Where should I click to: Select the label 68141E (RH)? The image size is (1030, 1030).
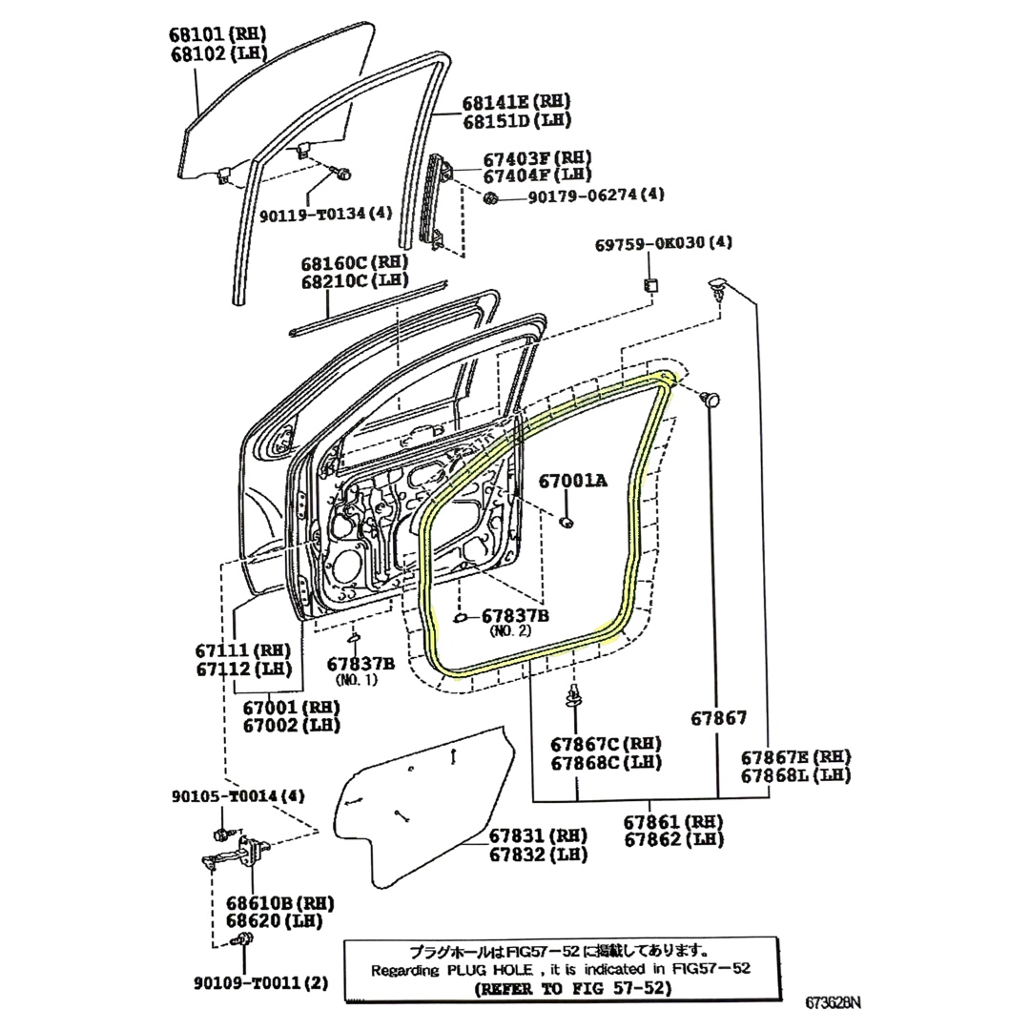pyautogui.click(x=516, y=102)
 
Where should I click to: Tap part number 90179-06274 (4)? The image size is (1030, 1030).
pyautogui.click(x=583, y=196)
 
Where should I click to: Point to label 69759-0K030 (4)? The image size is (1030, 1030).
pyautogui.click(x=664, y=244)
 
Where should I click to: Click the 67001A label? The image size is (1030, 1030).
pyautogui.click(x=572, y=482)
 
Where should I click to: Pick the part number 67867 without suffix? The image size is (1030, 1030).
pyautogui.click(x=720, y=718)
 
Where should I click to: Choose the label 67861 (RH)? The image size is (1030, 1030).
pyautogui.click(x=673, y=821)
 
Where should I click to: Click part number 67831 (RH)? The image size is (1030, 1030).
pyautogui.click(x=539, y=835)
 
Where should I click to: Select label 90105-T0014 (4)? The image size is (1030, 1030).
pyautogui.click(x=238, y=797)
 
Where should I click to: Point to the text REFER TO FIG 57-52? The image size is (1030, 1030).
pyautogui.click(x=573, y=988)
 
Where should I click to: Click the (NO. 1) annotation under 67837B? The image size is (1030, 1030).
pyautogui.click(x=357, y=680)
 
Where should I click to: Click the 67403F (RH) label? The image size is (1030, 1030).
pyautogui.click(x=537, y=157)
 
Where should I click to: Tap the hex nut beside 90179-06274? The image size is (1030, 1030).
pyautogui.click(x=491, y=197)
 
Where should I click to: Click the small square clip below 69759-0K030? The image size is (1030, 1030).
pyautogui.click(x=651, y=284)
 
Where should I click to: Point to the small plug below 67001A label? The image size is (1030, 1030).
pyautogui.click(x=566, y=522)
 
